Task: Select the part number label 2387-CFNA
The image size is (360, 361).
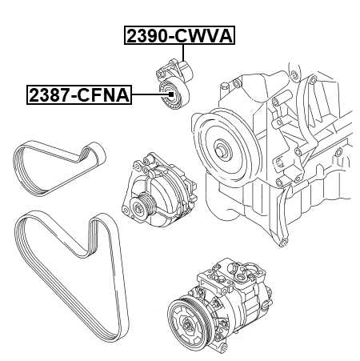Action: pos(78,95)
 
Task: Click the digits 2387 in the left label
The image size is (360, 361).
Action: pos(47,95)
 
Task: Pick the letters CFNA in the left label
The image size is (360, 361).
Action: pos(107,95)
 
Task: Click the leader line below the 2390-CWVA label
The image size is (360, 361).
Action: pos(183,54)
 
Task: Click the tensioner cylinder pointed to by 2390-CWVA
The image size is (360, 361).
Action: pos(185,70)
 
